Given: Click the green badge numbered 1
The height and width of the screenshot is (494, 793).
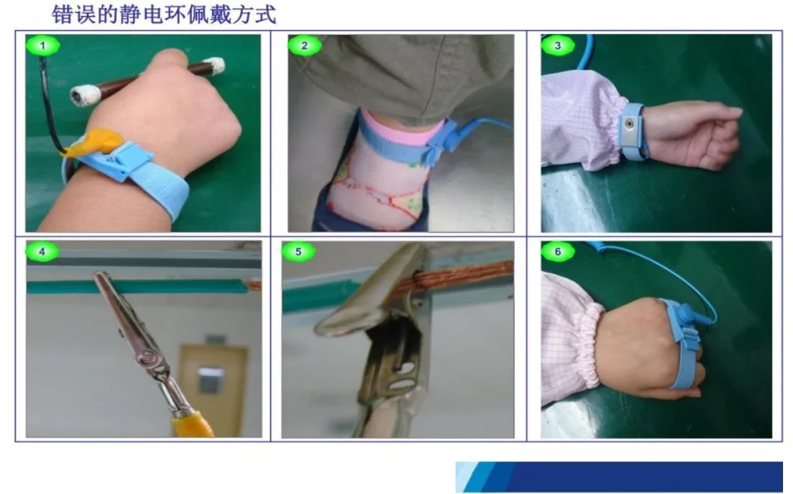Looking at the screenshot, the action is point(42,46).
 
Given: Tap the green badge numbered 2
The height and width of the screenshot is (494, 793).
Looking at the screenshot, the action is point(304,46).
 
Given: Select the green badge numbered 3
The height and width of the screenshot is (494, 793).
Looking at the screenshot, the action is point(557,46).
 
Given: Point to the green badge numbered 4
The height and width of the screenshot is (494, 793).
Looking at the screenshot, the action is point(42,251).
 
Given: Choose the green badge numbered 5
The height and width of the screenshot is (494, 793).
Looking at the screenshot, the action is point(298,251).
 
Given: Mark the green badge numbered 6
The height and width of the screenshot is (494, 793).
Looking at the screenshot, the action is point(557,251).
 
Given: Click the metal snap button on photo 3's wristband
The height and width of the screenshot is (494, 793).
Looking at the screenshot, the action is point(630,123).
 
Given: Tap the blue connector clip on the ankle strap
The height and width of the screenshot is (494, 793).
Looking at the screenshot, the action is point(439,144).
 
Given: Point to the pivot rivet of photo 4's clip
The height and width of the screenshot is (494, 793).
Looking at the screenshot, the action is point(146,360).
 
